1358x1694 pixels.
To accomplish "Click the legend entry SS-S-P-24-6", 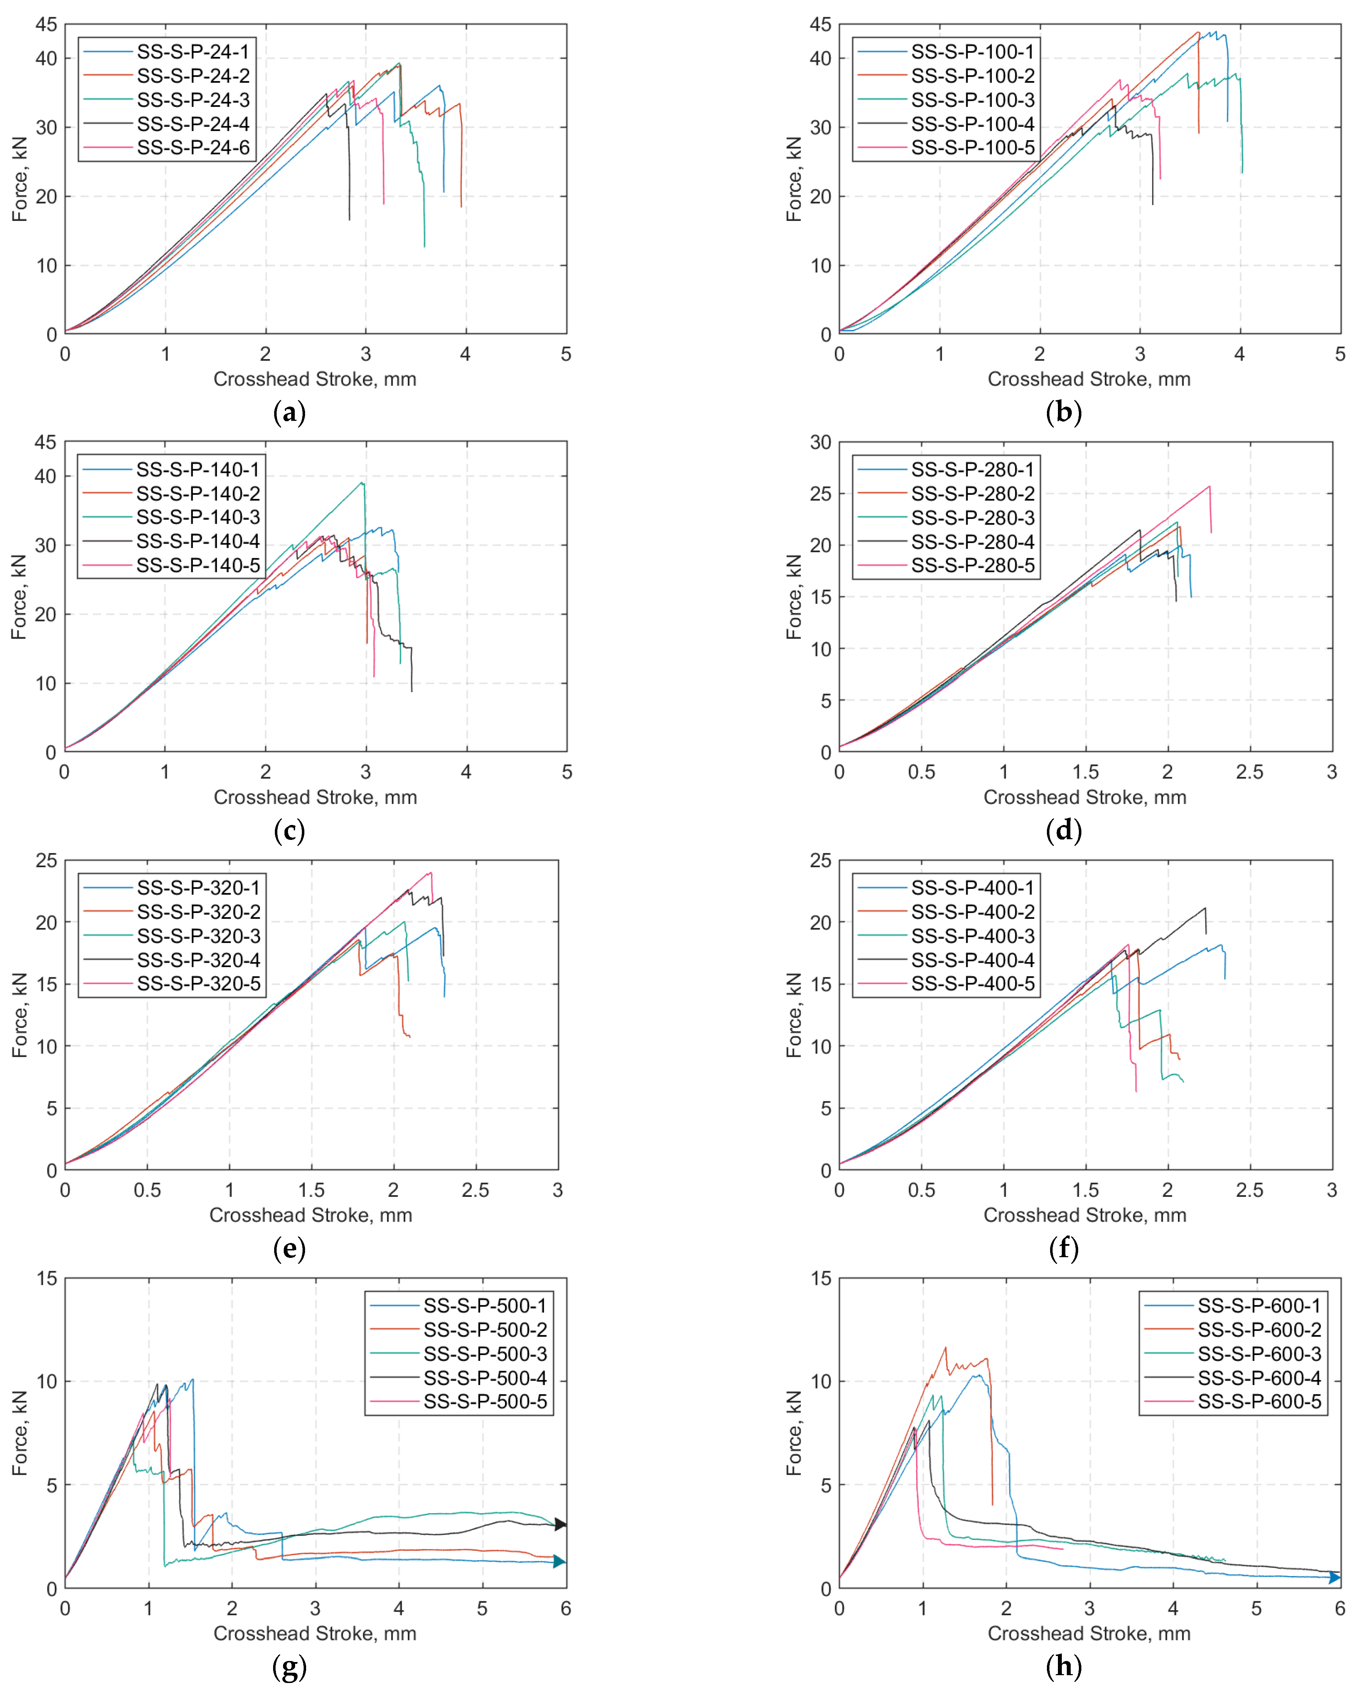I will (x=192, y=148).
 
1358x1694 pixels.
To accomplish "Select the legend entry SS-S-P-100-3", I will (x=972, y=100).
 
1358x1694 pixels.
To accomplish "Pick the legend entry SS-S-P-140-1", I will (x=197, y=469).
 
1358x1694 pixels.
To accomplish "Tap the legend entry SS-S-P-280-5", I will (x=972, y=566).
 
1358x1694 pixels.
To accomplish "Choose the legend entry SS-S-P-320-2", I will (x=198, y=911).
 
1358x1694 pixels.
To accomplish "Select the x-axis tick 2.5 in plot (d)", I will (x=1250, y=772).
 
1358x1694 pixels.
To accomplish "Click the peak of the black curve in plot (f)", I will (x=1205, y=908).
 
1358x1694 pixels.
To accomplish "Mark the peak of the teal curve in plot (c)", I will (x=362, y=482).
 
